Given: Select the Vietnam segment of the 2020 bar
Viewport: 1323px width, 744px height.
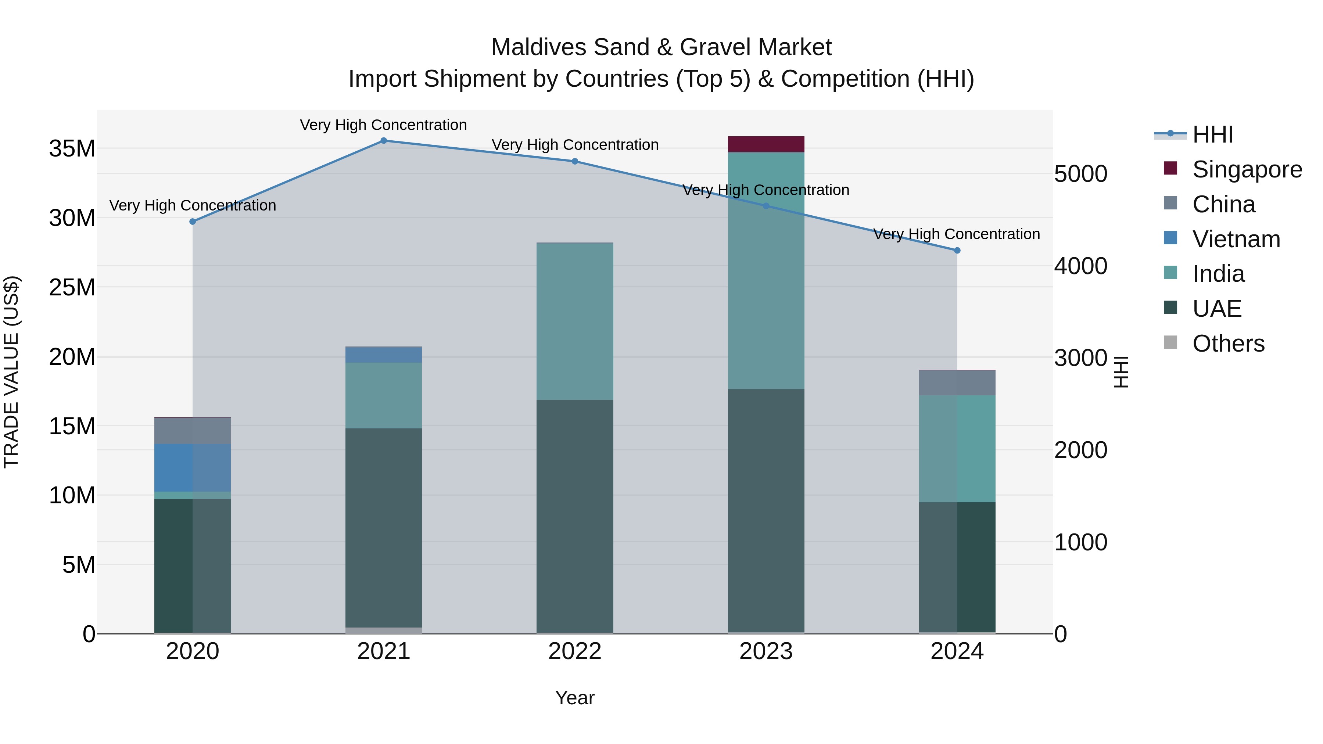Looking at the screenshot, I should pos(193,467).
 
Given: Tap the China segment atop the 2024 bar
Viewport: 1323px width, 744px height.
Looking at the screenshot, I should pos(957,382).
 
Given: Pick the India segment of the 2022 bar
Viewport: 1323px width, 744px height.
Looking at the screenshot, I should pos(575,321).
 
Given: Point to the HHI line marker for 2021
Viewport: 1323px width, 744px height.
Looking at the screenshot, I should pos(384,141).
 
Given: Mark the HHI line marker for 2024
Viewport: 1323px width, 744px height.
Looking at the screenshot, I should pos(957,251).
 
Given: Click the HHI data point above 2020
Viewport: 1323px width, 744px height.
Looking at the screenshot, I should pos(193,222).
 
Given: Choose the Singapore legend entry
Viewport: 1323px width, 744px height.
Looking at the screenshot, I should pos(1247,169).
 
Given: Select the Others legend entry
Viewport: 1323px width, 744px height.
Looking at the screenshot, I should pos(1228,344).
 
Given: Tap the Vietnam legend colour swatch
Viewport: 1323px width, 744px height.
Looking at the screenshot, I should pos(1170,238).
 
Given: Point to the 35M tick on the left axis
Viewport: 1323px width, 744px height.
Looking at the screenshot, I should pos(72,149).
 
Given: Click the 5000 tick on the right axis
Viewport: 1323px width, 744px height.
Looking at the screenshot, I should pos(1080,174).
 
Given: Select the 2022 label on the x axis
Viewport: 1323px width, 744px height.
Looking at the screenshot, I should pos(575,651).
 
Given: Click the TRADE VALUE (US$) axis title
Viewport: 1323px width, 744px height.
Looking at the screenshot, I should pos(11,372).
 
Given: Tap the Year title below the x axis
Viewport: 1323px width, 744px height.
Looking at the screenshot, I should pos(575,698).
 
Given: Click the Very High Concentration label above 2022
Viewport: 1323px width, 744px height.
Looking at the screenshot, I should pos(575,145).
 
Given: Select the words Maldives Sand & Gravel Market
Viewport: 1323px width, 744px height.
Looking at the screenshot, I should pos(661,47).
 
